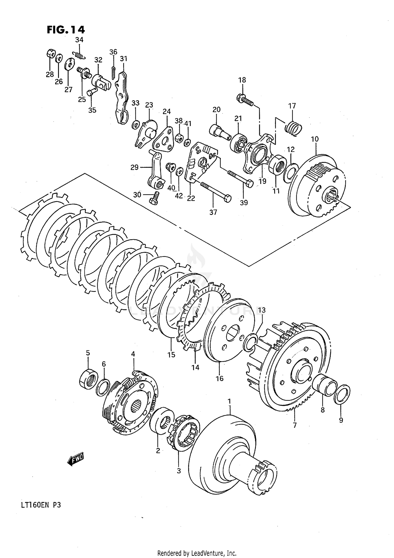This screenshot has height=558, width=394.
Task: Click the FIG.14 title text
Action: coord(66,30)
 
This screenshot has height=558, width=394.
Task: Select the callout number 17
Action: coord(292,106)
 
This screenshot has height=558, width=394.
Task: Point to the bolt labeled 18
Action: coord(245,99)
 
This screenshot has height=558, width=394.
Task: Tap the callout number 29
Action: coord(134,167)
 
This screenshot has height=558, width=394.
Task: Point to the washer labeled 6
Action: coord(103,387)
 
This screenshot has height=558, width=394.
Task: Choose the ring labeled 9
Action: coord(342,395)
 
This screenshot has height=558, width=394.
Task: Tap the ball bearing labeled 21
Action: coord(238,142)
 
